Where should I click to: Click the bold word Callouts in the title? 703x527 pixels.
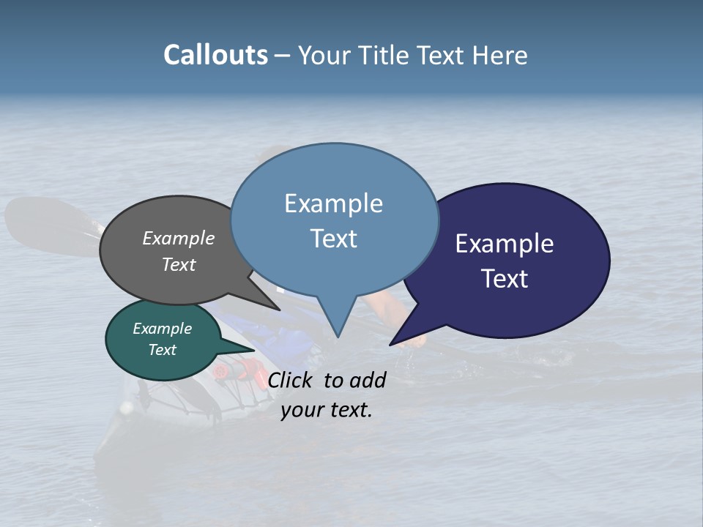coord(216,55)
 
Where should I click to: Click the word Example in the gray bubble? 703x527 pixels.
coord(179,238)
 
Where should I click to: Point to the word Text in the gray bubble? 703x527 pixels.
coord(179,264)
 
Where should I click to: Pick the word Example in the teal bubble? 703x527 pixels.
coord(162,329)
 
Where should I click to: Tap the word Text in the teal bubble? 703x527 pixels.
coord(162,350)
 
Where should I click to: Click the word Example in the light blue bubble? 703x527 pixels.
coord(333,203)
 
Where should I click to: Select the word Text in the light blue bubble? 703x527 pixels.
coord(333,239)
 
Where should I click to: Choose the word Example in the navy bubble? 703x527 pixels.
coord(505,244)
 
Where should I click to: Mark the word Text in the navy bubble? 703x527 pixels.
coord(505,279)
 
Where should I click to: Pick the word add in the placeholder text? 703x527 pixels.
coord(367,380)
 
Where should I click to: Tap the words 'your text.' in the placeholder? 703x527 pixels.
coord(327,410)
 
